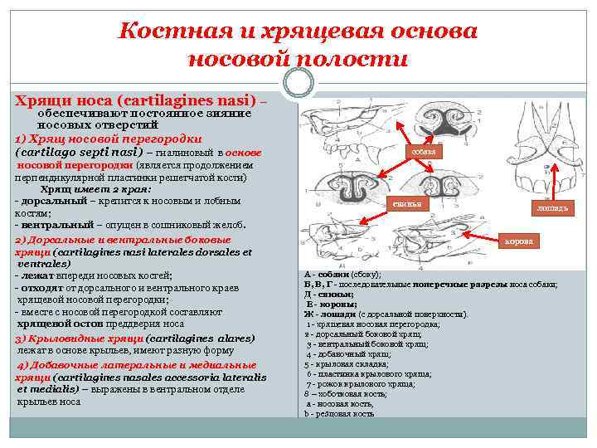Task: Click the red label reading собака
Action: [x=424, y=153]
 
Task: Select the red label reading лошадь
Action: [x=551, y=209]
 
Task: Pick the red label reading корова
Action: [x=522, y=241]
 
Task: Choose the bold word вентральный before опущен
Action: [x=56, y=225]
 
